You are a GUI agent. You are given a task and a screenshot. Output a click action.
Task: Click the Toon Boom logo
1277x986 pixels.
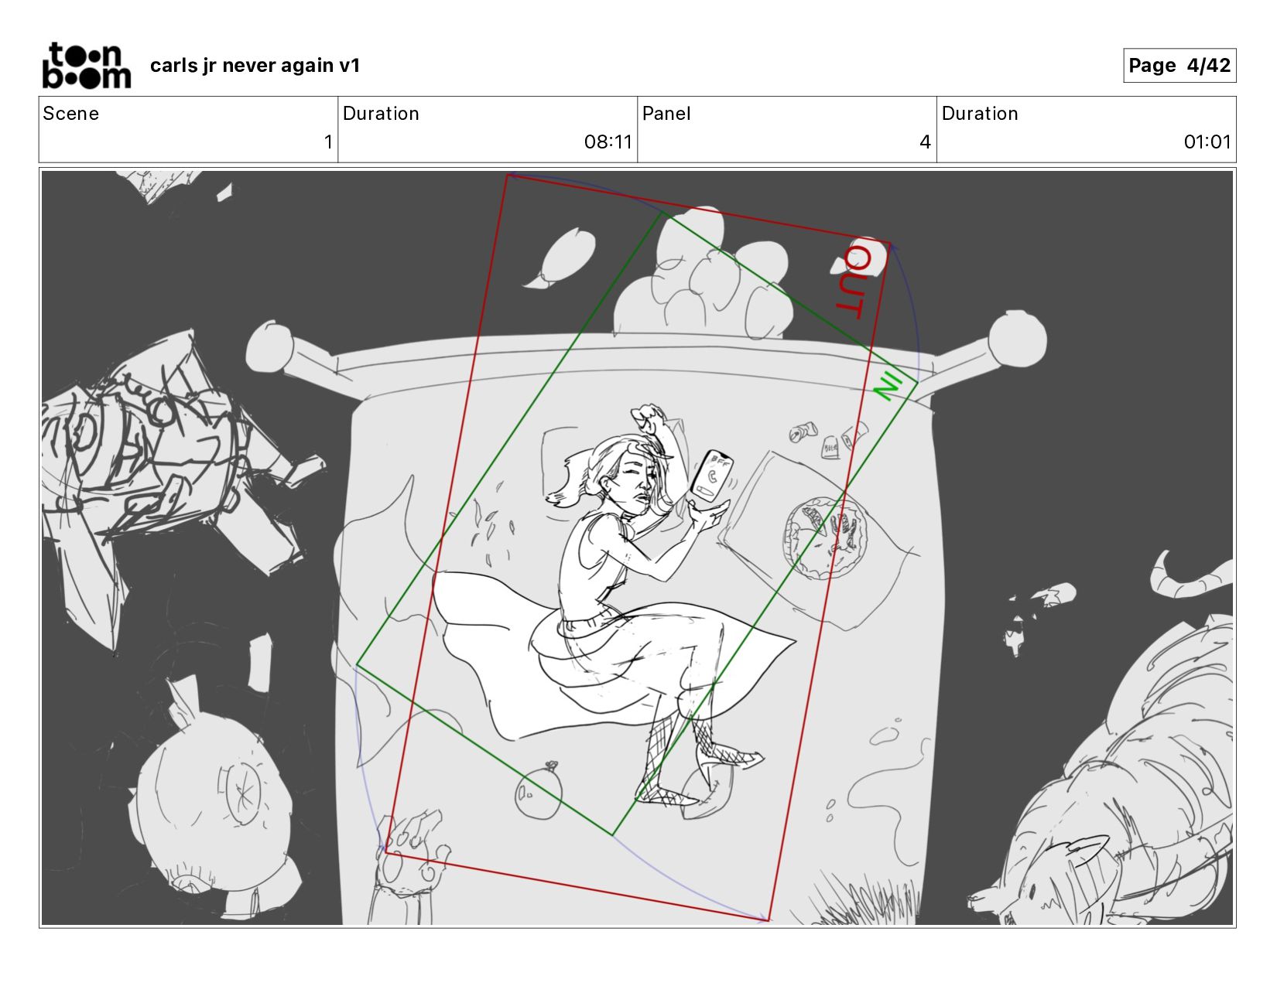[x=87, y=65]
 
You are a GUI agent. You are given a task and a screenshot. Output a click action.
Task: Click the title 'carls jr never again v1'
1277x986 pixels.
[x=255, y=65]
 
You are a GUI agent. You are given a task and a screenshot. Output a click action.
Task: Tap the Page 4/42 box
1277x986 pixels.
[x=1179, y=65]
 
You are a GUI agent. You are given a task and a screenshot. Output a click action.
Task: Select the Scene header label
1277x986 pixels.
[x=70, y=114]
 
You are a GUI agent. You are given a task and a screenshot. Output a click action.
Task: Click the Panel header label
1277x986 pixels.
[x=666, y=114]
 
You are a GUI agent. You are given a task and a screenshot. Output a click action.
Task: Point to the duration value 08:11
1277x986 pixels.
[x=608, y=142]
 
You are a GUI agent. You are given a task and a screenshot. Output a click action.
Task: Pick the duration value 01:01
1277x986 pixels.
[x=1207, y=142]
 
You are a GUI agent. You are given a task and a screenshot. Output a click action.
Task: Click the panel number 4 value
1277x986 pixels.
[x=925, y=142]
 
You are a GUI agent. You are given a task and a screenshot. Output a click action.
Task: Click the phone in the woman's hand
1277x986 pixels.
[x=711, y=475]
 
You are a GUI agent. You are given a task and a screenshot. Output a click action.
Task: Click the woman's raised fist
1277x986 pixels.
[x=649, y=417]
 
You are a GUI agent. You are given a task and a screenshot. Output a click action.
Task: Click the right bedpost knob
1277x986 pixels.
[x=1017, y=339]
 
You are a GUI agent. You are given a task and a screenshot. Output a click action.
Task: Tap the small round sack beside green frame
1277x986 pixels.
[x=539, y=790]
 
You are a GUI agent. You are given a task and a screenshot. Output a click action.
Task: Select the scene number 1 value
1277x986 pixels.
[x=328, y=142]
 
